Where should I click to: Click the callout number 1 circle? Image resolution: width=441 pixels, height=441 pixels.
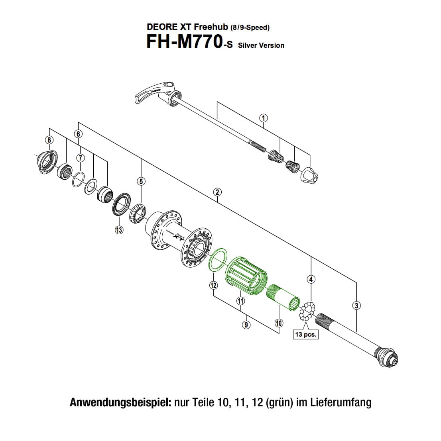click(x=263, y=118)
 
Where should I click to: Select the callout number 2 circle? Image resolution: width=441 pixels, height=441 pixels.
click(x=217, y=192)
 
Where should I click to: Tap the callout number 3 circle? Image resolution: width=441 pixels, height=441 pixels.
click(x=356, y=306)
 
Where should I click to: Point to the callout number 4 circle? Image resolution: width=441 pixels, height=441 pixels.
click(x=311, y=279)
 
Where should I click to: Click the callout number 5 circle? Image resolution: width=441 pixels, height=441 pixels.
click(x=141, y=181)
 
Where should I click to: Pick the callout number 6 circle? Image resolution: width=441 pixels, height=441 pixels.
click(x=78, y=134)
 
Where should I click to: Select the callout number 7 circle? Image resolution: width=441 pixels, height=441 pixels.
click(x=81, y=158)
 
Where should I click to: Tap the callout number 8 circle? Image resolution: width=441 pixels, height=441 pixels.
click(x=49, y=139)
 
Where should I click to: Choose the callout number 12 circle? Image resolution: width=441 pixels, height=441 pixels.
click(x=213, y=285)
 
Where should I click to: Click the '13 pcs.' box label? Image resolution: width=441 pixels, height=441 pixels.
click(x=306, y=335)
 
